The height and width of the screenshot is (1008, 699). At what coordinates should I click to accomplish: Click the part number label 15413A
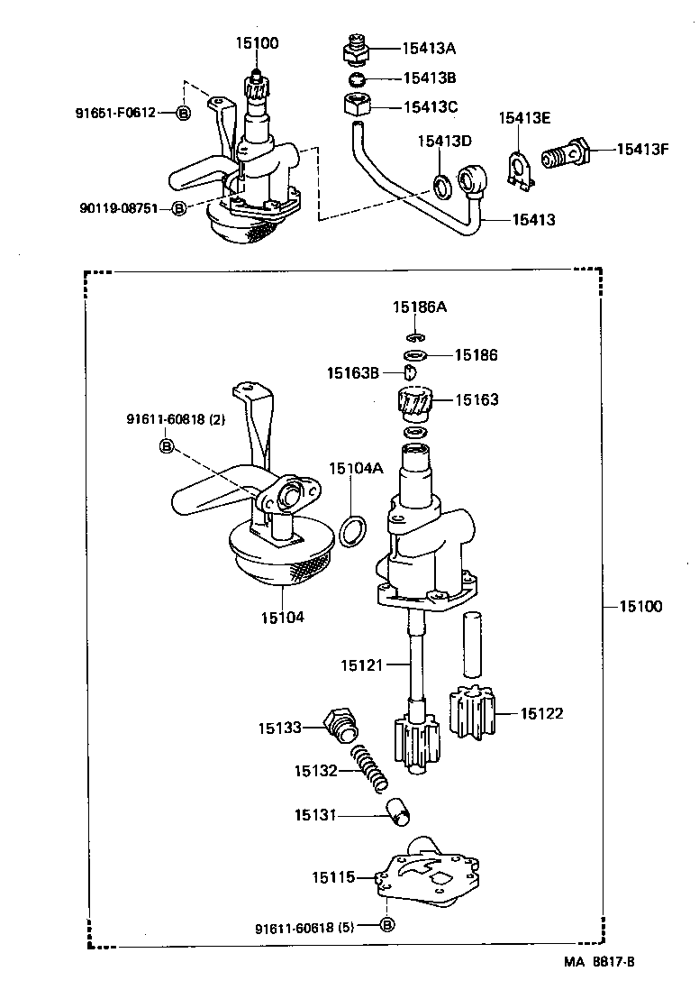point(429,49)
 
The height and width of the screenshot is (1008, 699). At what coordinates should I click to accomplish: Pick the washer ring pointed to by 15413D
point(442,188)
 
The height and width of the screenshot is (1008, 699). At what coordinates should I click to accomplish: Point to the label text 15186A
point(419,307)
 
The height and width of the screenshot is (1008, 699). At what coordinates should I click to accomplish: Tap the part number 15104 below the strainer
point(283,617)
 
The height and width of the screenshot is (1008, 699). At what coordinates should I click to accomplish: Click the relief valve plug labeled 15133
point(340,725)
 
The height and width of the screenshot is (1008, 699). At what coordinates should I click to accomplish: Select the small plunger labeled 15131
point(397,811)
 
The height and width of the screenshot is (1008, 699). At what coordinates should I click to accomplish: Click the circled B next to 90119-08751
point(178,208)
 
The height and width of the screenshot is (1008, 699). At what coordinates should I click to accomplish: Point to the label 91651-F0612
point(115,113)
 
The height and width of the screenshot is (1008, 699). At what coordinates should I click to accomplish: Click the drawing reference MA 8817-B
point(600,962)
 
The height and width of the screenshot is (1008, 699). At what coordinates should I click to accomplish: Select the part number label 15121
point(361,665)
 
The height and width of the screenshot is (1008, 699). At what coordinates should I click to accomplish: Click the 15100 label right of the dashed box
point(640,607)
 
